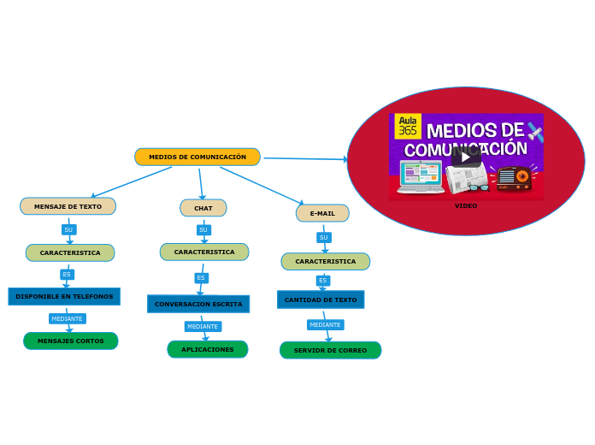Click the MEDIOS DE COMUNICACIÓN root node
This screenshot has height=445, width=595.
coord(197,157)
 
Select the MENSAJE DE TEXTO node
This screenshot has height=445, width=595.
coord(68,206)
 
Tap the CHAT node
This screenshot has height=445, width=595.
coord(203,208)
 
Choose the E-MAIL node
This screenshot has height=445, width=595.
coord(322,213)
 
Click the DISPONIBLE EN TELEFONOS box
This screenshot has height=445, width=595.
coord(64,296)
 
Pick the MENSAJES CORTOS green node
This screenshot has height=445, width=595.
coord(71,341)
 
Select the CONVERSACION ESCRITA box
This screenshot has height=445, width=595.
coord(198,304)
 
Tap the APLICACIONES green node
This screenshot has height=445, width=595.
coord(208,349)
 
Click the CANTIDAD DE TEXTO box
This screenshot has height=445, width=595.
coord(321,300)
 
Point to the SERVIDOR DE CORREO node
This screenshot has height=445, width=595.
coord(330,350)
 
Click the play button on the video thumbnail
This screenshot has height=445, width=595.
coord(465,157)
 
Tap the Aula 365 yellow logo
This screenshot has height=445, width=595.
coord(408,126)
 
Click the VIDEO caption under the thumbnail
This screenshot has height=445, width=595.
coord(466,205)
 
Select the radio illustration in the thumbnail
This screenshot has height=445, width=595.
coord(515,177)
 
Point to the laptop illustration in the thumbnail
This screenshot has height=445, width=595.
coord(421,176)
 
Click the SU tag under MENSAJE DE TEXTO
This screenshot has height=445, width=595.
coord(68,229)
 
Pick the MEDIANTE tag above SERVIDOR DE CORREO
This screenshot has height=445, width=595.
coord(325,324)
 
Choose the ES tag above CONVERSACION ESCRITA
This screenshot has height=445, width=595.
coord(201,277)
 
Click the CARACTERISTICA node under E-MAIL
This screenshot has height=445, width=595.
coord(326,261)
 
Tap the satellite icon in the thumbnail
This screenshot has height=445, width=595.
coord(535,132)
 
